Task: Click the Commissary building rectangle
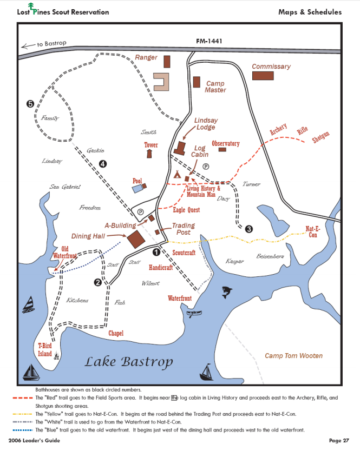[263, 76]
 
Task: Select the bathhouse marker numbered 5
[30, 103]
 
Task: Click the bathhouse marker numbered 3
[248, 229]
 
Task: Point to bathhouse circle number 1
[156, 251]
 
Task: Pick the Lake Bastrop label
[128, 362]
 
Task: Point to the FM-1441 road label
[210, 41]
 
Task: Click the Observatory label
[225, 143]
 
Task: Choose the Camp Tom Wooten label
[293, 356]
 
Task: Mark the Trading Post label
[183, 229]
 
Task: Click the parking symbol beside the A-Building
[141, 211]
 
